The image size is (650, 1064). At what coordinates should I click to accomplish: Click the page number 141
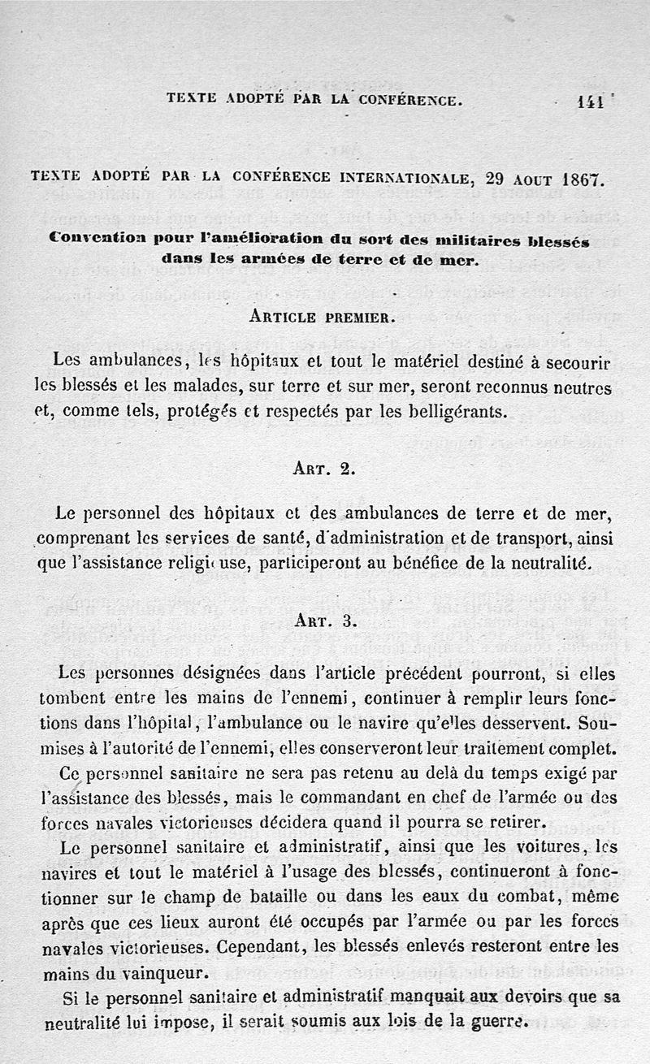point(590,102)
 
